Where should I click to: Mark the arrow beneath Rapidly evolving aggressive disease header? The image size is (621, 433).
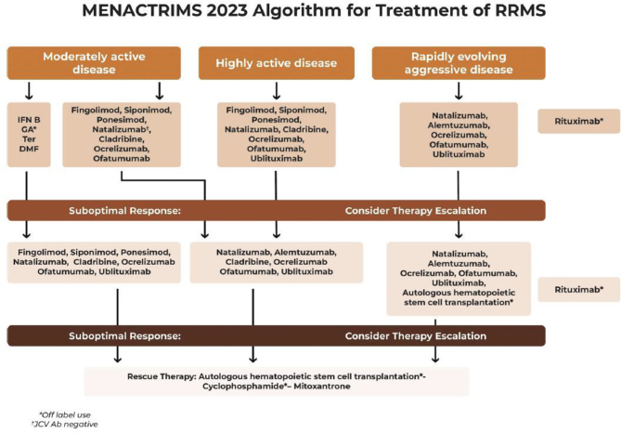tap(457, 89)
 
